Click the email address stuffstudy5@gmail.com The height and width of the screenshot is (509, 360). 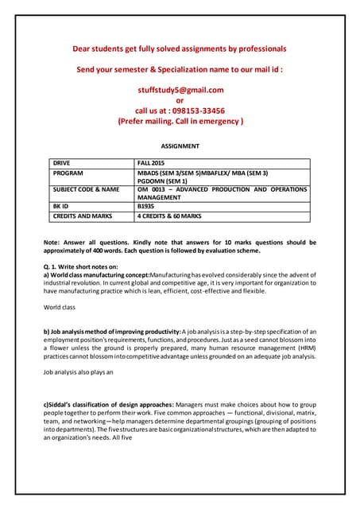tap(180, 90)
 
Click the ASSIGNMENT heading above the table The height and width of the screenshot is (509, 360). tap(180, 146)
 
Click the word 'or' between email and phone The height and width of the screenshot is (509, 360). tap(180, 100)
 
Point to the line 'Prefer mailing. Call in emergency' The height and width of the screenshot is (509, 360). tap(180, 122)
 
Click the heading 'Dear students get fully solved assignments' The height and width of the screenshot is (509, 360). tap(180, 49)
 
